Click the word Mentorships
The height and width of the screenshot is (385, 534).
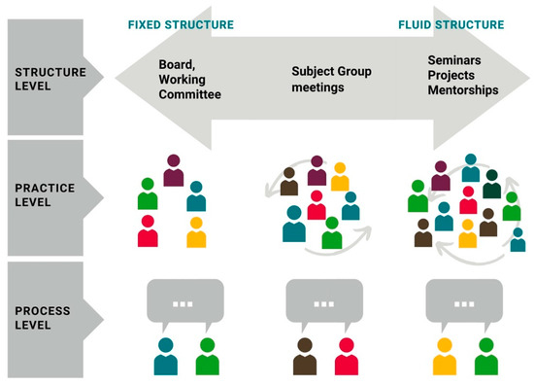[464, 89]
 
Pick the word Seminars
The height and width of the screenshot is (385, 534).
[454, 58]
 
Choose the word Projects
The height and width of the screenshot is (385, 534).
[451, 74]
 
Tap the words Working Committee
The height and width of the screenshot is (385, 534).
[191, 88]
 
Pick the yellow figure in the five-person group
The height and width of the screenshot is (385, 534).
[196, 232]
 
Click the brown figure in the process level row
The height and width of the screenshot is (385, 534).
[305, 356]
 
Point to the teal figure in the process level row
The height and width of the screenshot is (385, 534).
[165, 356]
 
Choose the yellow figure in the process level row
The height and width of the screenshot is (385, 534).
[445, 356]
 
